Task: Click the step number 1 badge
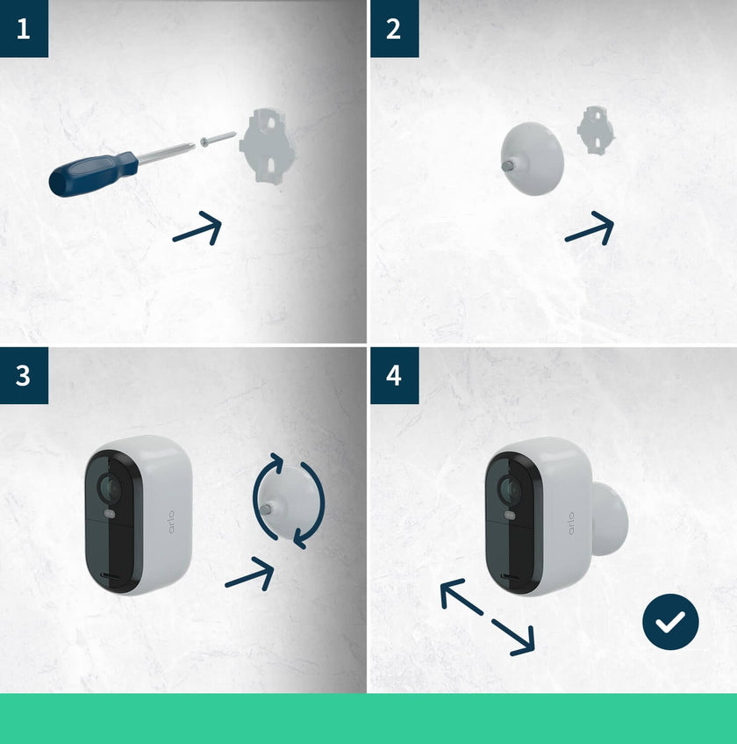pyautogui.click(x=24, y=28)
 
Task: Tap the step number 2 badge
pyautogui.click(x=394, y=28)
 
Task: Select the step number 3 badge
pyautogui.click(x=24, y=375)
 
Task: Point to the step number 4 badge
pyautogui.click(x=394, y=375)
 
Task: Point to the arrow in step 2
pyautogui.click(x=590, y=230)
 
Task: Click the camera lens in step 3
pyautogui.click(x=108, y=485)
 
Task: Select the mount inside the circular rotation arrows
pyautogui.click(x=287, y=502)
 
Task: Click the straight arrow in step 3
pyautogui.click(x=250, y=576)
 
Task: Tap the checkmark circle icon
pyautogui.click(x=670, y=622)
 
